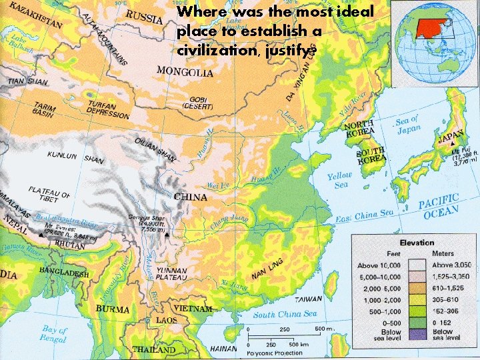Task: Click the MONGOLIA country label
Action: (185, 71)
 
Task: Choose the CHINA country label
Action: (191, 197)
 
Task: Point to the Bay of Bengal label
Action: (54, 333)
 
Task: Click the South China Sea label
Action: (285, 314)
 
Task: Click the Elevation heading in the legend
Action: (417, 243)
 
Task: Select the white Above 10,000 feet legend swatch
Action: (417, 265)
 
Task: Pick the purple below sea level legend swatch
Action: (417, 335)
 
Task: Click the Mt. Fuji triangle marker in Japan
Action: (453, 144)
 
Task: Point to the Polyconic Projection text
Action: (275, 352)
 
